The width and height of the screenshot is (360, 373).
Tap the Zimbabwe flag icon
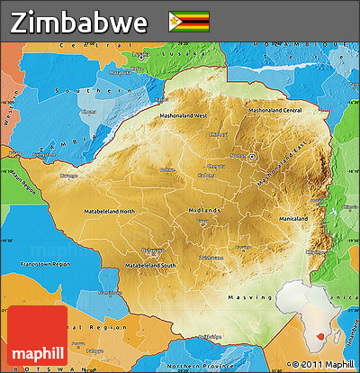tap(188, 21)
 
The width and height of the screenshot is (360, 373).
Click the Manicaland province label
tap(293, 219)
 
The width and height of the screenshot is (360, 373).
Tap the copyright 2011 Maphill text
tap(323, 364)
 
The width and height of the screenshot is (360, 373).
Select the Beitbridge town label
tap(209, 336)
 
